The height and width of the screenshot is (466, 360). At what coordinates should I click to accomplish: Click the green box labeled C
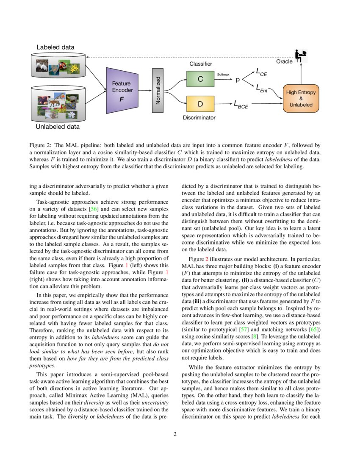point(200,79)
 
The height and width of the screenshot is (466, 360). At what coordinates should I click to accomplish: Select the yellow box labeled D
point(200,104)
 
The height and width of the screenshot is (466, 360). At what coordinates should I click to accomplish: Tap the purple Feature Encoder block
point(122,90)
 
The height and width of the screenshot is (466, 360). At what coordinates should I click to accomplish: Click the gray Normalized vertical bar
point(158,90)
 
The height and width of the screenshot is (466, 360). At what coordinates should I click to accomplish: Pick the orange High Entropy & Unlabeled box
point(301,98)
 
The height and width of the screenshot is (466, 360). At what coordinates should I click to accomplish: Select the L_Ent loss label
point(262,88)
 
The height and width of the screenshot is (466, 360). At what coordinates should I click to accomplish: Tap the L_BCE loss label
point(241,104)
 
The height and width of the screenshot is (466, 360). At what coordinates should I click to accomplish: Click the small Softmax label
point(223,74)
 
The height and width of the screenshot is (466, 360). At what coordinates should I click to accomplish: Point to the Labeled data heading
point(55,47)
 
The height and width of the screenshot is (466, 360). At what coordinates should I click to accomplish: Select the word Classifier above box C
point(200,64)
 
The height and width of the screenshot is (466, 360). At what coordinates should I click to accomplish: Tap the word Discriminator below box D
point(199,117)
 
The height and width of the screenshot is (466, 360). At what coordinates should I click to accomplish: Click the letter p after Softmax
point(237,79)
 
